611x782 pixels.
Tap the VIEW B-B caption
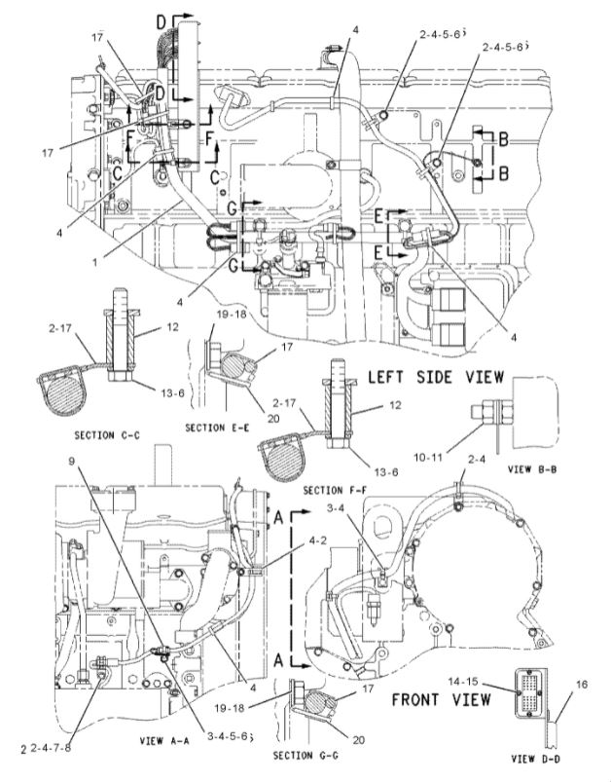pyautogui.click(x=532, y=467)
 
